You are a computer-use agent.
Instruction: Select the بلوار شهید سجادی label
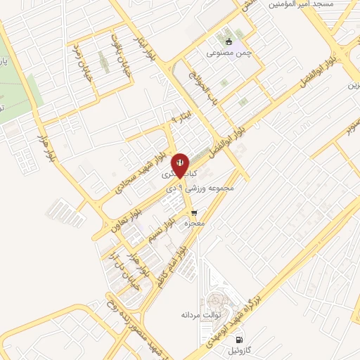click(151, 158)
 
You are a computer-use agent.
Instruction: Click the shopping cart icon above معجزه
click(193, 211)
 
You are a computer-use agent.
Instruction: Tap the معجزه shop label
click(193, 223)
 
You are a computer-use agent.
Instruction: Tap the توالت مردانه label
click(207, 315)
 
